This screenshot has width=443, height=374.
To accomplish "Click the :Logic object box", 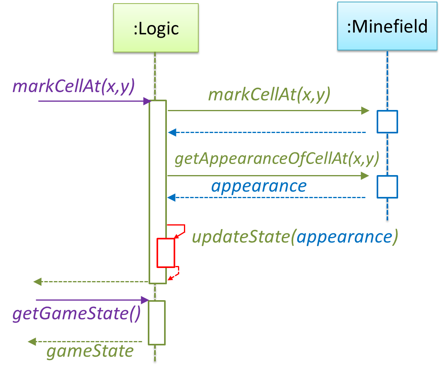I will pos(155,28).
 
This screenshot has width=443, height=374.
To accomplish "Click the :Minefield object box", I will pos(387,27).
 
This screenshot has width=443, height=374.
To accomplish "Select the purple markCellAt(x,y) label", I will pos(74,86).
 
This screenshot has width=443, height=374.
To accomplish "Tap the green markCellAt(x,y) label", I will pos(269,96).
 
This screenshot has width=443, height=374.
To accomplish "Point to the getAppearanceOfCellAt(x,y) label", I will pos(277,159).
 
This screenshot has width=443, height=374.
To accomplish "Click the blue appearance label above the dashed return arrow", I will pos(259,186).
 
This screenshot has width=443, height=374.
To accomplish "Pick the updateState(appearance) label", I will pos(295,237).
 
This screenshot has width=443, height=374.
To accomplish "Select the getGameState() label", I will pos(76,314).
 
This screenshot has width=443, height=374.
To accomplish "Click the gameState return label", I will pos(90,351).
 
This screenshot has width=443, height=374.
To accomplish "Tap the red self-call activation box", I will pos(166,253).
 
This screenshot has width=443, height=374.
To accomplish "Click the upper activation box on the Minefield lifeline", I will pos(387,122).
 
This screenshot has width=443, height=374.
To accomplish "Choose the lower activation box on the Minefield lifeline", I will pos(387,187).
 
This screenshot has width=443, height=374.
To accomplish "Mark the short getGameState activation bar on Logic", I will pos(157,322).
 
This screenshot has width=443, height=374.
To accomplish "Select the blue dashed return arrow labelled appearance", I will pos(266,197).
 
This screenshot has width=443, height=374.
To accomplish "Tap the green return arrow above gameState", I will pos(85,342).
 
